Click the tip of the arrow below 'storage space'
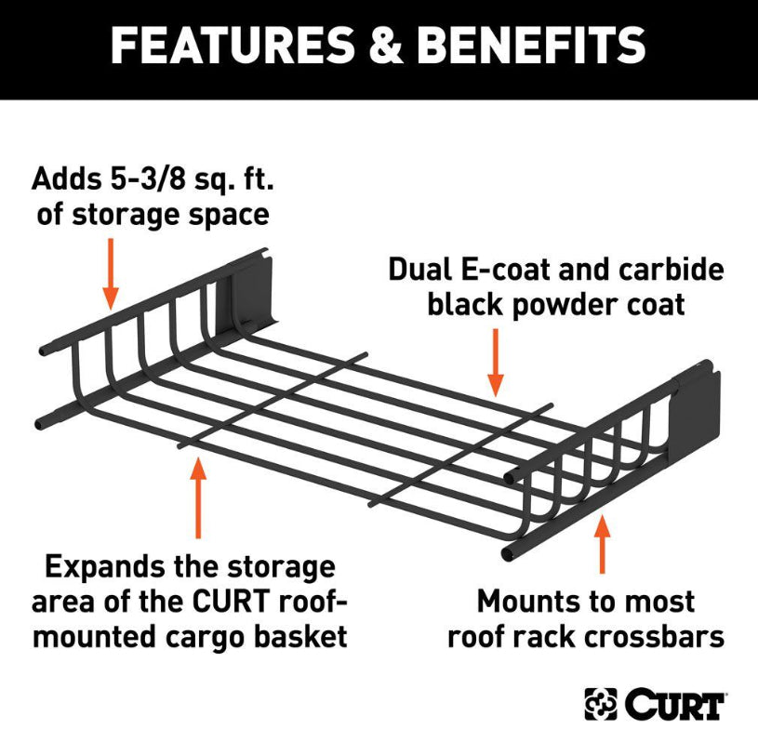pos(111,309)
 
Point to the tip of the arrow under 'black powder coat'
pos(496,396)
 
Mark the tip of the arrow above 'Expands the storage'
pos(198,457)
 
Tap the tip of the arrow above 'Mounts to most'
pos(602,515)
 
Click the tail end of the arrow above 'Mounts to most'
pos(602,574)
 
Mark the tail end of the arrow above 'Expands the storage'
pos(198,538)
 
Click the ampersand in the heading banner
pos(385,46)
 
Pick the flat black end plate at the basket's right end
pos(696,412)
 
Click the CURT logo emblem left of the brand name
pos(601,704)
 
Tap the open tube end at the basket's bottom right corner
pos(507,553)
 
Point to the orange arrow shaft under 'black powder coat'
pos(496,363)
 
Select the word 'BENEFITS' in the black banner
pos(531,46)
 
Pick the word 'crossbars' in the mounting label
pos(654,636)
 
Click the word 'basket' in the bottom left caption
pos(300,636)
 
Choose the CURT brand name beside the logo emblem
pos(674,704)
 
